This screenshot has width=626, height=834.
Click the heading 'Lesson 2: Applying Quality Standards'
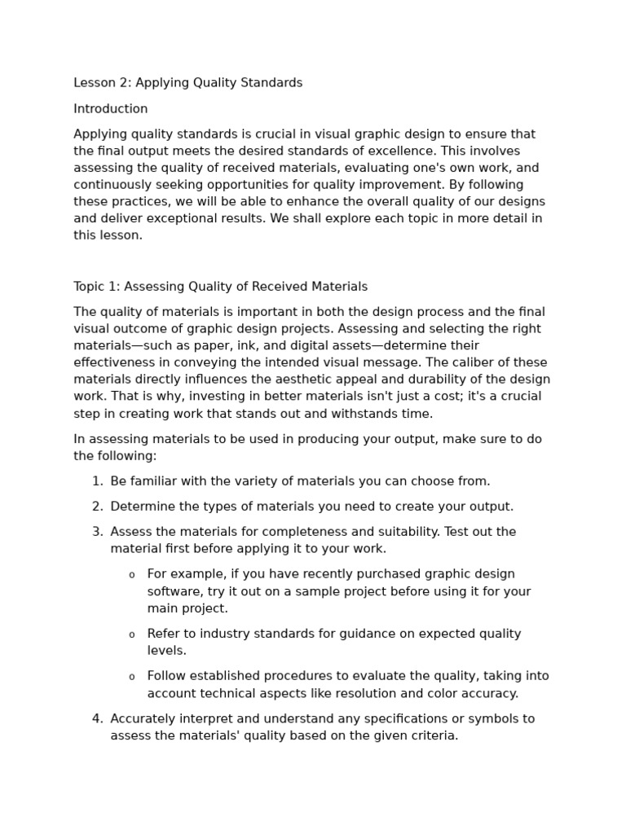coord(187,83)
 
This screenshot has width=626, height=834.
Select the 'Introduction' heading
coord(111,109)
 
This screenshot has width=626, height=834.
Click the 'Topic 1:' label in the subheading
coord(97,287)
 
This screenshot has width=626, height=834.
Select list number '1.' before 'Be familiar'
coord(97,481)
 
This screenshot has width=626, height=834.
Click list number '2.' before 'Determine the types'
coord(97,507)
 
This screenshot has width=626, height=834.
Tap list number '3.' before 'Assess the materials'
coord(97,532)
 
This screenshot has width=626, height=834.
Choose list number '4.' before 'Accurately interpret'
coord(97,719)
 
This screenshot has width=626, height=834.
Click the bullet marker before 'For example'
coord(132,575)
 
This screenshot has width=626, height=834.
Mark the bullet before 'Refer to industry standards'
coord(132,634)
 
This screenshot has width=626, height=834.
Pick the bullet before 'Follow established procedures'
coord(132,677)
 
